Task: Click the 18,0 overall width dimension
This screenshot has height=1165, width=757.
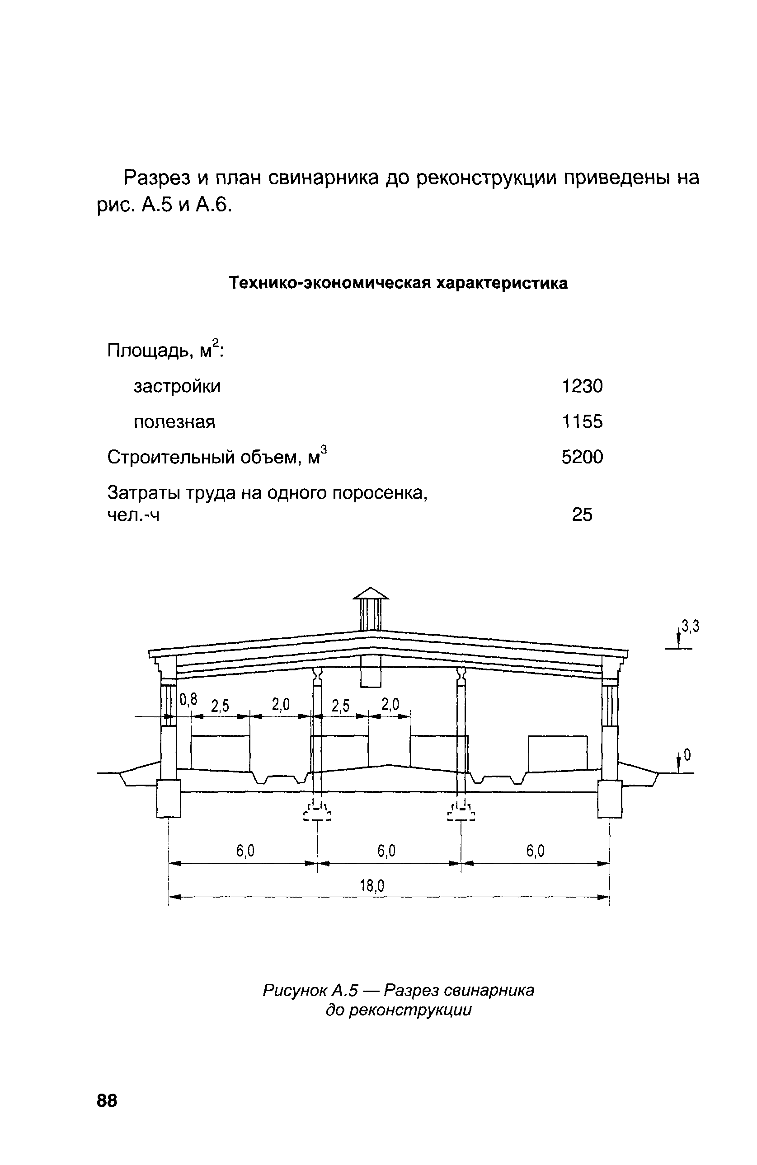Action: pos(372,885)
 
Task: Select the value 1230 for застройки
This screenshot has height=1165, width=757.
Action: pos(582,386)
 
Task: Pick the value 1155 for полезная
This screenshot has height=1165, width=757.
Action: pos(582,421)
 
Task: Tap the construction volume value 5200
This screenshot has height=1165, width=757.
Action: pos(582,457)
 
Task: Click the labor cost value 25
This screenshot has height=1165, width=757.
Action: pos(582,515)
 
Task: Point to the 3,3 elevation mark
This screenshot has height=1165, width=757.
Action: pos(691,626)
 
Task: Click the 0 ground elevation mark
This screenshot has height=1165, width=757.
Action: pos(687,756)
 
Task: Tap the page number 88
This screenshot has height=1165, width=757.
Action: pos(107,1100)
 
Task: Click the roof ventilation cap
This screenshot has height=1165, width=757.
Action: pos(371,593)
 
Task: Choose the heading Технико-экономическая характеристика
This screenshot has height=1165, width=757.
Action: pos(399,283)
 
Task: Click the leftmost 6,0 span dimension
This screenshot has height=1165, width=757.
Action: pos(245,851)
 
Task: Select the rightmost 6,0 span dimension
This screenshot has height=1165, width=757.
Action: pos(535,851)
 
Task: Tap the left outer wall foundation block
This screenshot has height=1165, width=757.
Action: pos(169,798)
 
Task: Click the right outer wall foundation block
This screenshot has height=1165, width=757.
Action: pos(610,798)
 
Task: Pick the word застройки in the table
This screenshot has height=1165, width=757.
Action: pos(177,386)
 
